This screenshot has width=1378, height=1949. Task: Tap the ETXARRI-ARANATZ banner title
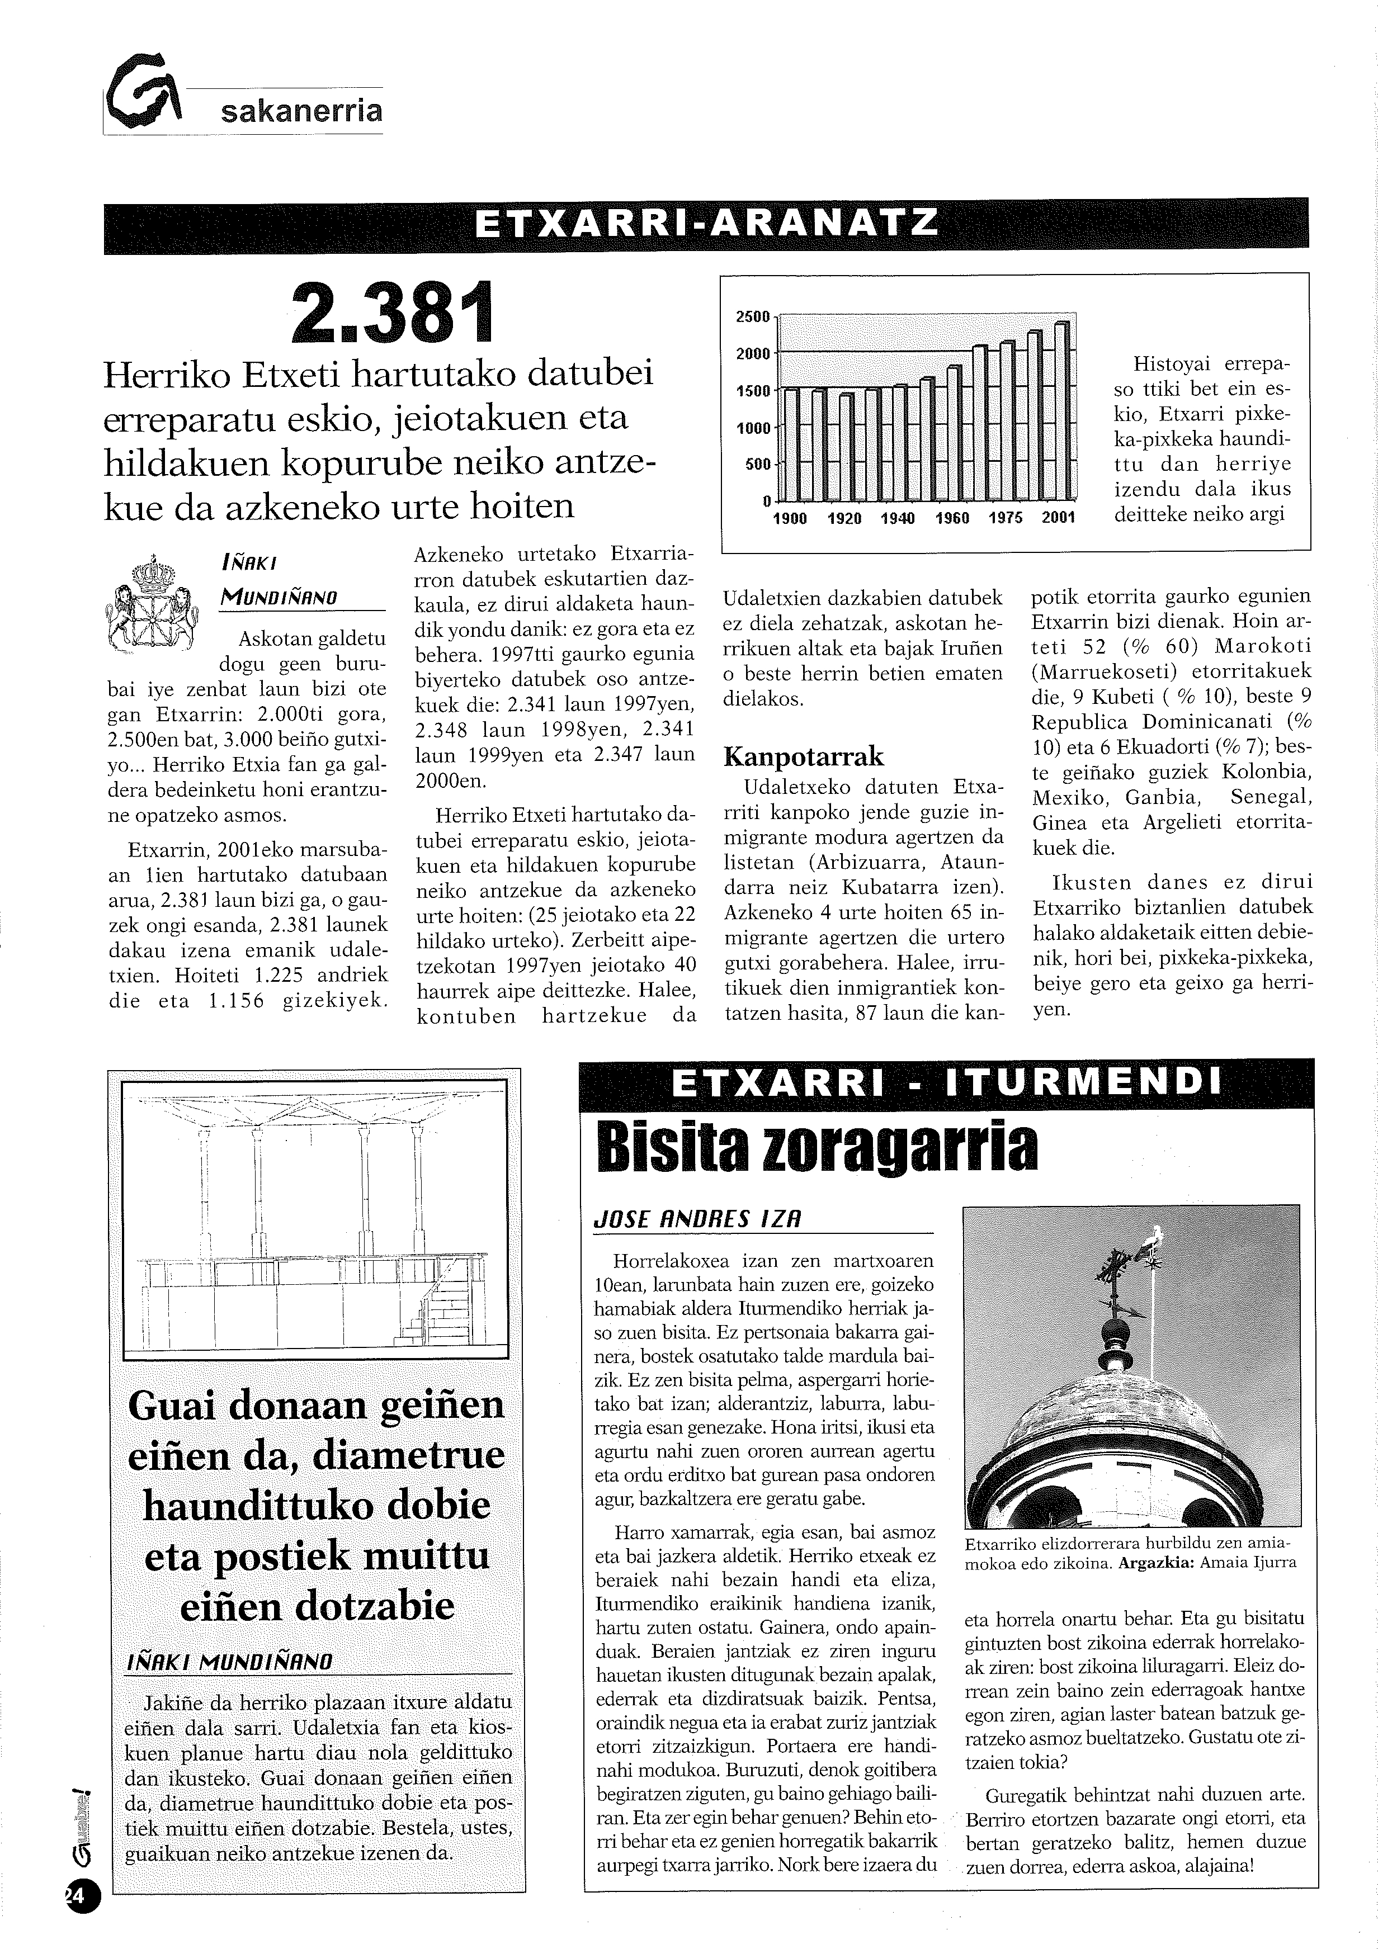point(706,224)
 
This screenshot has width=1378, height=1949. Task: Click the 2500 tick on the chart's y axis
point(752,316)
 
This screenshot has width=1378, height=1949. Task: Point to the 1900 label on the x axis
point(790,518)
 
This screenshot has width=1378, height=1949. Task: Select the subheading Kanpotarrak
point(803,756)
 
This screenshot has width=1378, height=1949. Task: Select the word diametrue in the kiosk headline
point(408,1455)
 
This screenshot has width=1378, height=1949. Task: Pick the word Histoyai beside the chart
point(1169,364)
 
